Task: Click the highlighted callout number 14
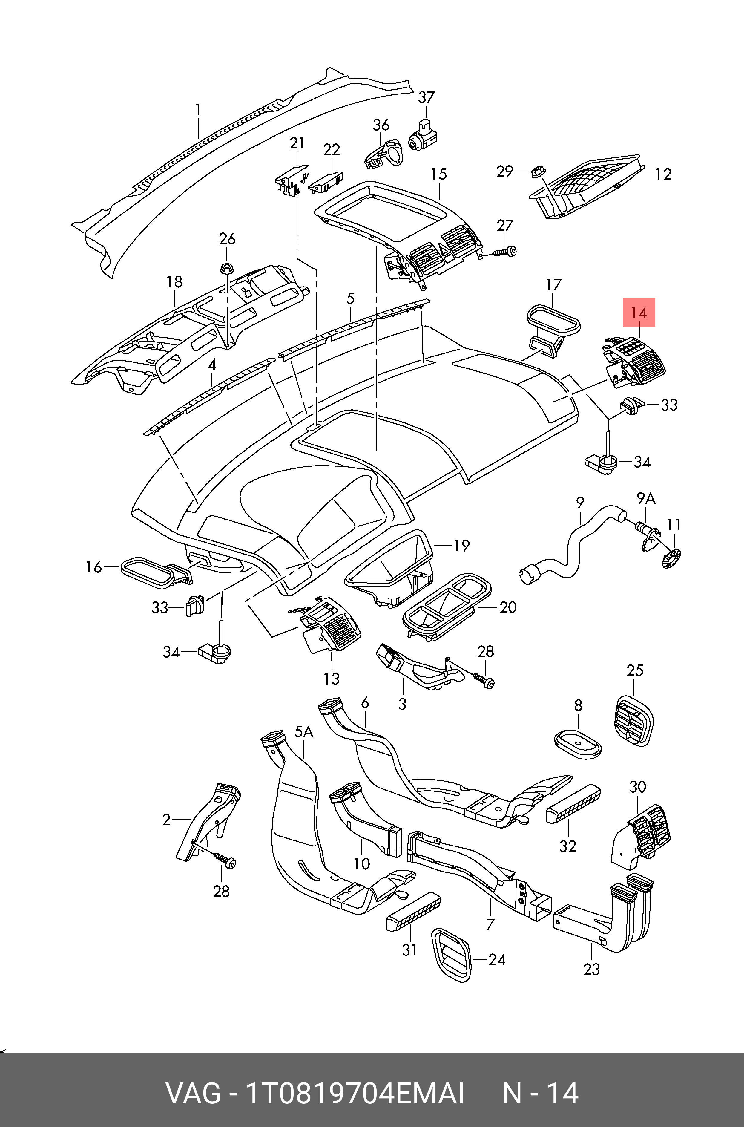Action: click(639, 313)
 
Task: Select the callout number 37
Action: click(426, 97)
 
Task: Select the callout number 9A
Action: click(646, 498)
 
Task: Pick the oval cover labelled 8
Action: click(577, 744)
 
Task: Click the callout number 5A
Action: click(304, 732)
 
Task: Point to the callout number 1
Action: click(198, 110)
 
